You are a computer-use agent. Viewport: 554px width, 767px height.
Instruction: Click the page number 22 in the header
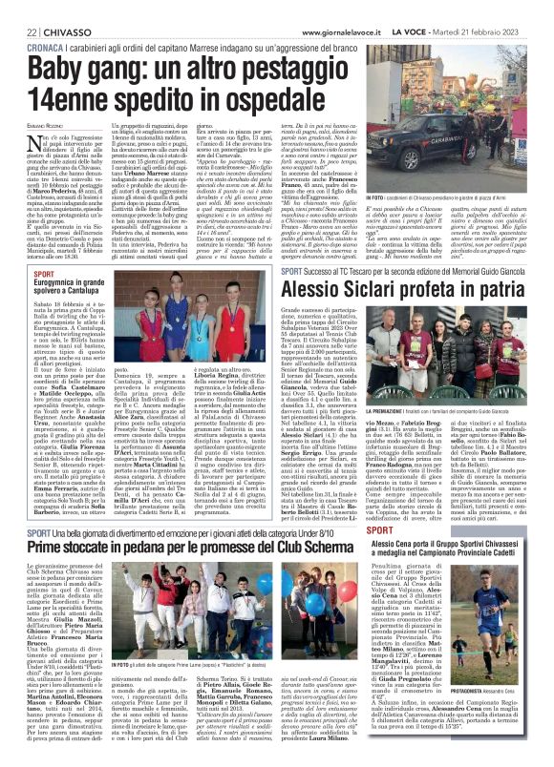coord(19,9)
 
